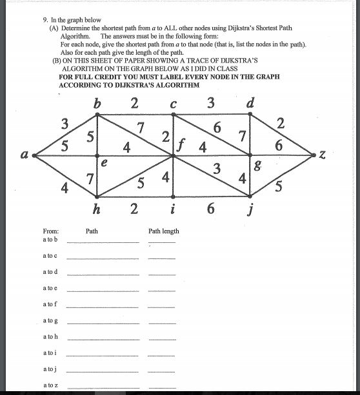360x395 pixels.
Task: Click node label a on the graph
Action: point(25,155)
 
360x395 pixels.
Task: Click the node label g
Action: point(258,167)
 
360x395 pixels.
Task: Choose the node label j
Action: point(250,209)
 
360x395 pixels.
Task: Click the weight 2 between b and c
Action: point(134,102)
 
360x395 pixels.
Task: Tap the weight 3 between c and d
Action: point(211,102)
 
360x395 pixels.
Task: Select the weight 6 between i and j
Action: point(211,209)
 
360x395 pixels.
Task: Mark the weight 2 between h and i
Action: point(134,209)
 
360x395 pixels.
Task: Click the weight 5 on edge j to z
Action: point(279,187)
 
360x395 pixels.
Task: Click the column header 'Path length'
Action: point(164,231)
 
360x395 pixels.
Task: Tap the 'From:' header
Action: point(50,231)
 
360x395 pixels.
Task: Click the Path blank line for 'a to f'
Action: point(103,307)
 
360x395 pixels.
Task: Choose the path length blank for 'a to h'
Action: point(161,339)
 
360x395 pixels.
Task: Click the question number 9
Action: point(45,20)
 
